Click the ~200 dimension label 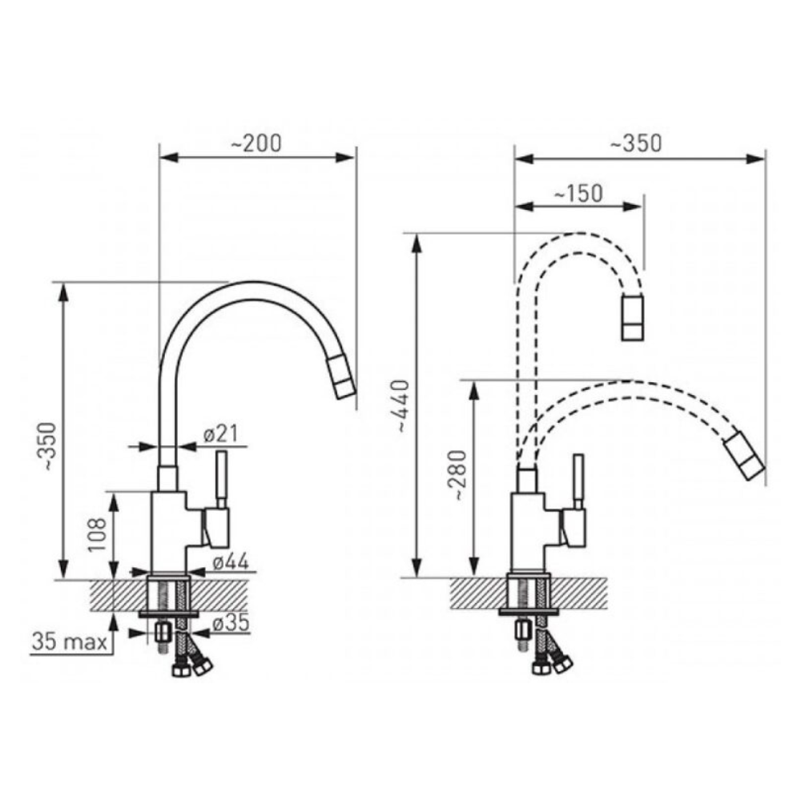tap(256, 143)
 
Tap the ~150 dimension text tap(578, 193)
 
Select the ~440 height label tap(404, 406)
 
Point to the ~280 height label tap(458, 475)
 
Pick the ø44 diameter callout tap(231, 562)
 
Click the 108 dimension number tap(97, 534)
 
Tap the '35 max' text tap(70, 642)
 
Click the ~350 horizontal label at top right tap(636, 143)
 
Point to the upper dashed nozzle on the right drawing tap(633, 318)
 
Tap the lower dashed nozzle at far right tap(744, 457)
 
